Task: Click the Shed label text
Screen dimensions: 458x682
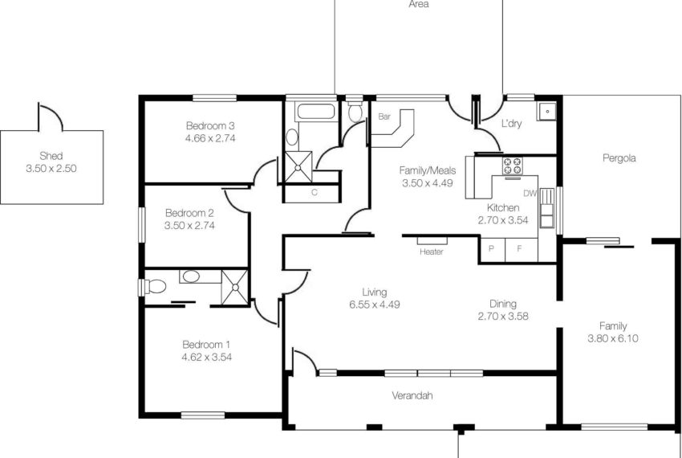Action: pyautogui.click(x=51, y=156)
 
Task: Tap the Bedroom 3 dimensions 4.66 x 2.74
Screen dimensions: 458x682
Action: pyautogui.click(x=209, y=138)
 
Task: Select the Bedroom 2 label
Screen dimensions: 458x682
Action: pyautogui.click(x=189, y=213)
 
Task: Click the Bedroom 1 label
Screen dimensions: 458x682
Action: pyautogui.click(x=206, y=344)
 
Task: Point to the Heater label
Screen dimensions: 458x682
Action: pyautogui.click(x=431, y=251)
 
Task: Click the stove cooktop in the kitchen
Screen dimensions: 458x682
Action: pyautogui.click(x=512, y=166)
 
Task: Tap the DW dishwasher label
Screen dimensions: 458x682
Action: pyautogui.click(x=530, y=194)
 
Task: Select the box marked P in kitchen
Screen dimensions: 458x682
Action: pyautogui.click(x=491, y=249)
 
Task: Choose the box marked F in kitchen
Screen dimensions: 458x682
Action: pyautogui.click(x=518, y=249)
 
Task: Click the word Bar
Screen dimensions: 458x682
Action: pyautogui.click(x=384, y=117)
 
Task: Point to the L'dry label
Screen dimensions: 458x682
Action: pyautogui.click(x=511, y=125)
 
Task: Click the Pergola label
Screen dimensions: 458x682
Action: pyautogui.click(x=619, y=158)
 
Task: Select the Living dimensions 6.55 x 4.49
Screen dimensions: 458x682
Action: pyautogui.click(x=374, y=305)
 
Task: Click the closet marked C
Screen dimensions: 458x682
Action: pyautogui.click(x=314, y=192)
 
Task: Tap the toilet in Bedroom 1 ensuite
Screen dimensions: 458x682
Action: pyautogui.click(x=153, y=285)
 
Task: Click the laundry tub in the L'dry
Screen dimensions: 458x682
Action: pyautogui.click(x=547, y=111)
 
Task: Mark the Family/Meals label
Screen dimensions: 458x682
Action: pyautogui.click(x=427, y=170)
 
